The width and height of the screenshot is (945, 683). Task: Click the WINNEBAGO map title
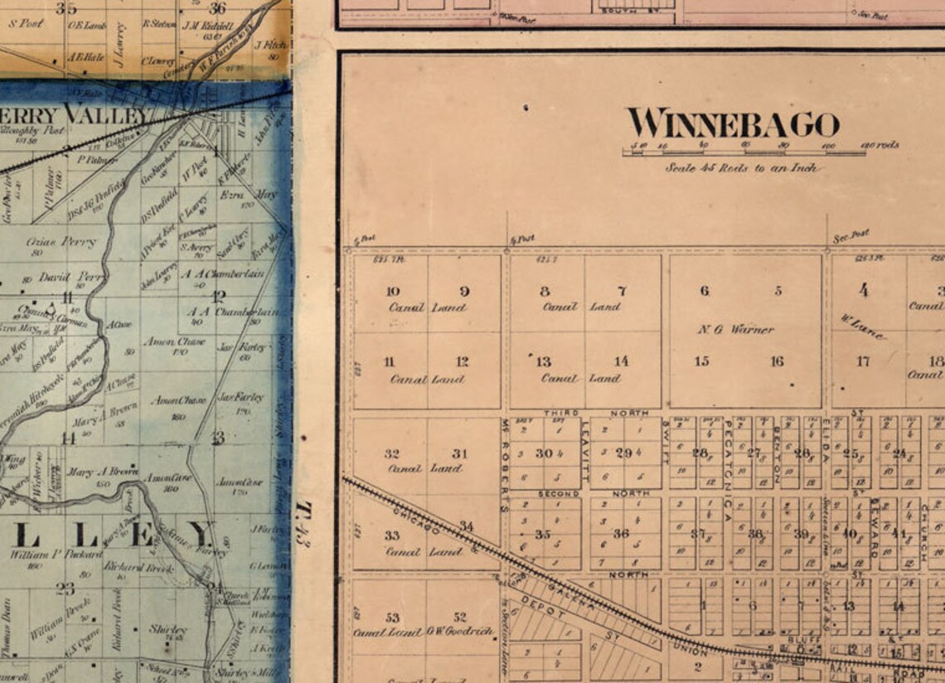[733, 124]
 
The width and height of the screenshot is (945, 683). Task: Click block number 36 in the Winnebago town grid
[621, 534]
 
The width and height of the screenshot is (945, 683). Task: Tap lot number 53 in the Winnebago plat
[392, 618]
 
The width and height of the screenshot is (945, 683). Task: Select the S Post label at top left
[26, 24]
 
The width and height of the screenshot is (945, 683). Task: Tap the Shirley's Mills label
[235, 673]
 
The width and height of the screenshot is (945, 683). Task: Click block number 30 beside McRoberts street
[544, 453]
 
